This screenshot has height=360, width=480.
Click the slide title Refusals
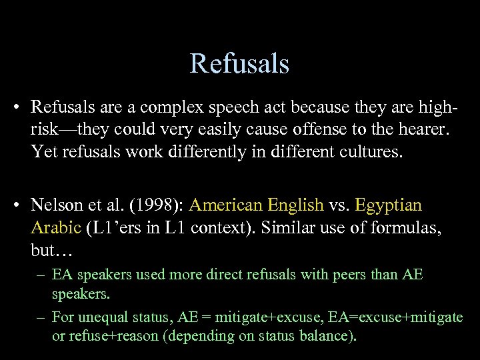[239, 64]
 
